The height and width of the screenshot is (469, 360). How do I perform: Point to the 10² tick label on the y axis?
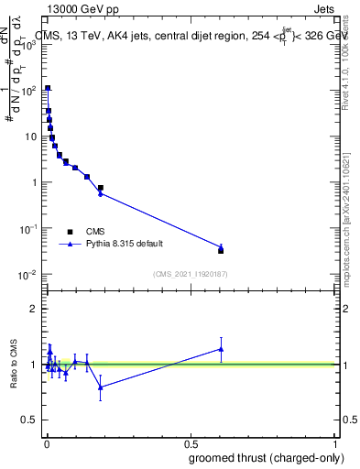pos(27,91)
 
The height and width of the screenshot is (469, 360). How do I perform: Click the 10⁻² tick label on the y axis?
pos(27,275)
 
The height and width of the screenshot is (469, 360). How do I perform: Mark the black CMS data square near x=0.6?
pos(221,250)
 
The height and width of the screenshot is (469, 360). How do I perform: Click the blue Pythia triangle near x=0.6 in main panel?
pos(221,246)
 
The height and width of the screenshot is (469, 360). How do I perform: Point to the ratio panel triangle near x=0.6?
pos(221,348)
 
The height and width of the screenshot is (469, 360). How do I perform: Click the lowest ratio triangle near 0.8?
pos(101,387)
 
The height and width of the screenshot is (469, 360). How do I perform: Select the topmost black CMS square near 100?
pos(48,89)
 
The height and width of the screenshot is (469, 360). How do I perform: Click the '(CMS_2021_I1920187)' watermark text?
pos(191,274)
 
